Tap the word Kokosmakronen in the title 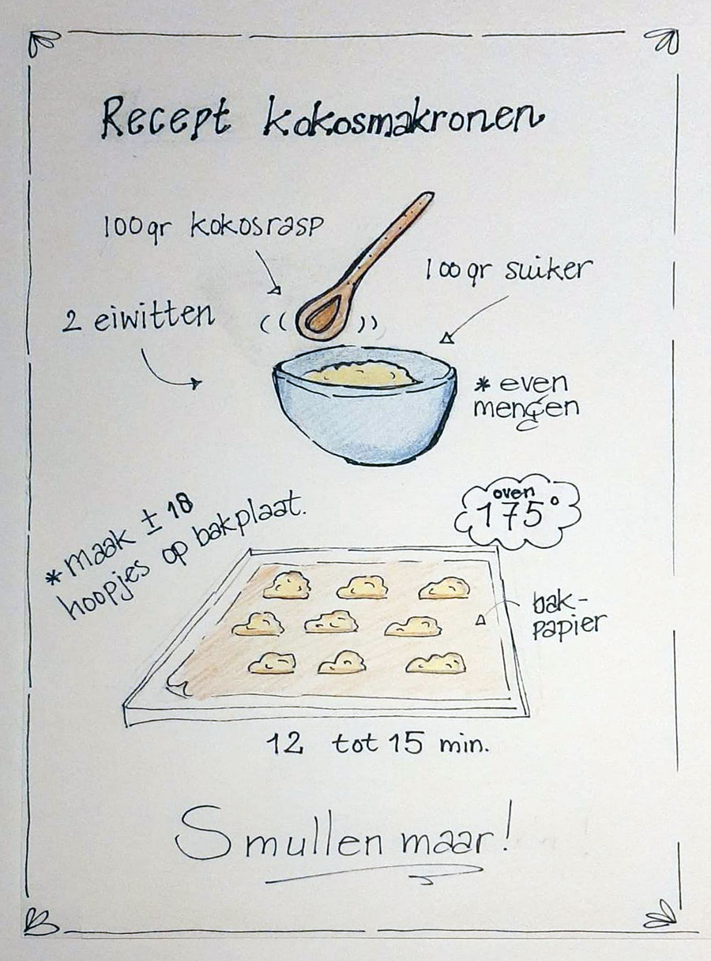[402, 116]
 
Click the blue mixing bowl [364, 404]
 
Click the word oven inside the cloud [513, 493]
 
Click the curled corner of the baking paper [180, 687]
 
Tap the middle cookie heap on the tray [331, 622]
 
